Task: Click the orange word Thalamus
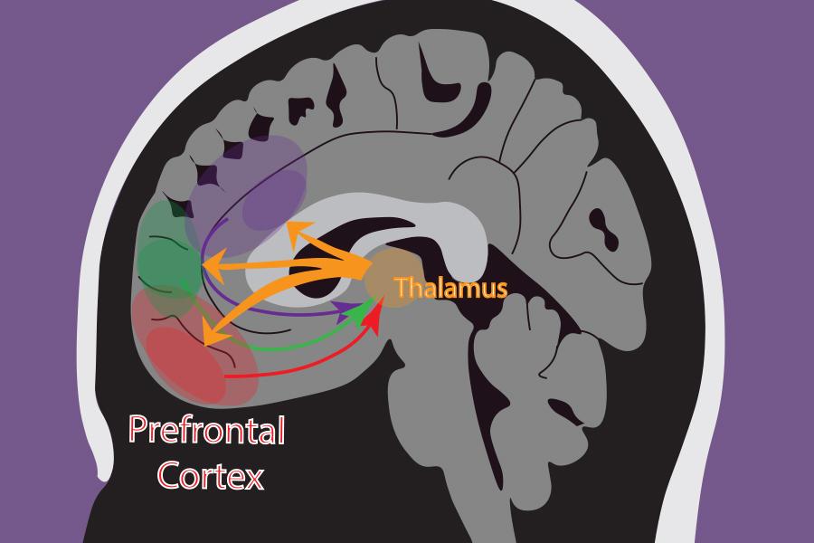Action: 450,288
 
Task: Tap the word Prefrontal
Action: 206,430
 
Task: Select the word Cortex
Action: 209,473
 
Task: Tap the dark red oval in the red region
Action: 185,362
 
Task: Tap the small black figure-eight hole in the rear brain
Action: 603,231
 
